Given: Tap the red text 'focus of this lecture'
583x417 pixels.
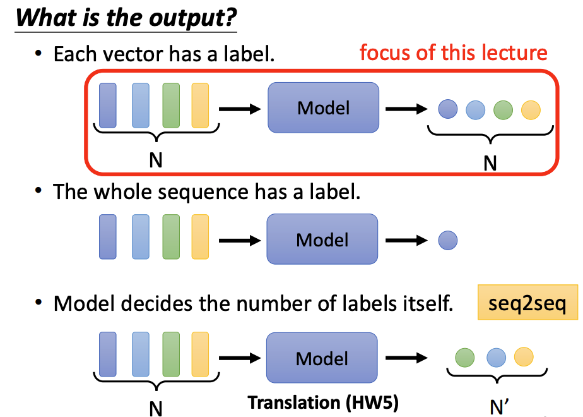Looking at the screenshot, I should tap(453, 52).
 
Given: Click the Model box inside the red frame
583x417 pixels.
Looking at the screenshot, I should tap(323, 107).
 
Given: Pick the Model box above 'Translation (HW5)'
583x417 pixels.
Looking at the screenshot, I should tap(322, 358).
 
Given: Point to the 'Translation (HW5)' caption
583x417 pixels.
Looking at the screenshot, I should tap(322, 402).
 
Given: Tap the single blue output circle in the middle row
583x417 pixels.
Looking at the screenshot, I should tap(447, 240).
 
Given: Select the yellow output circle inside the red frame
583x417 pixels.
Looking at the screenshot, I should tap(531, 111).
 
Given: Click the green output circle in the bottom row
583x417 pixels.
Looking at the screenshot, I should tap(464, 357).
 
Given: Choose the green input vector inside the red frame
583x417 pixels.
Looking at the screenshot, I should tap(171, 106).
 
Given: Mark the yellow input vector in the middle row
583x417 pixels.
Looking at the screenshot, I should tap(200, 237).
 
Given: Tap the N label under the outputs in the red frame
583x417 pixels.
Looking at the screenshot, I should tap(490, 162).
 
